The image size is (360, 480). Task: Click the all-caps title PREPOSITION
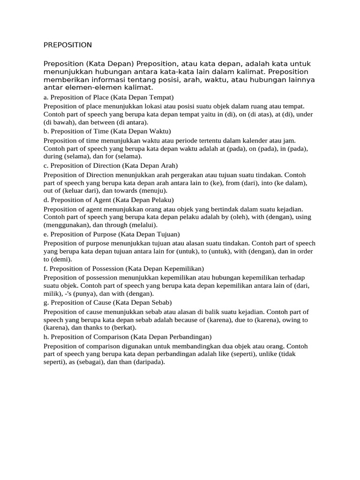(67, 45)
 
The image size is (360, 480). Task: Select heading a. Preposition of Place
(108, 97)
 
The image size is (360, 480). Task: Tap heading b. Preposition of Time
(107, 131)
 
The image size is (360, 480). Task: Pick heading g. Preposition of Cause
(107, 302)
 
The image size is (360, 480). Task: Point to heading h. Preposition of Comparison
(127, 337)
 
